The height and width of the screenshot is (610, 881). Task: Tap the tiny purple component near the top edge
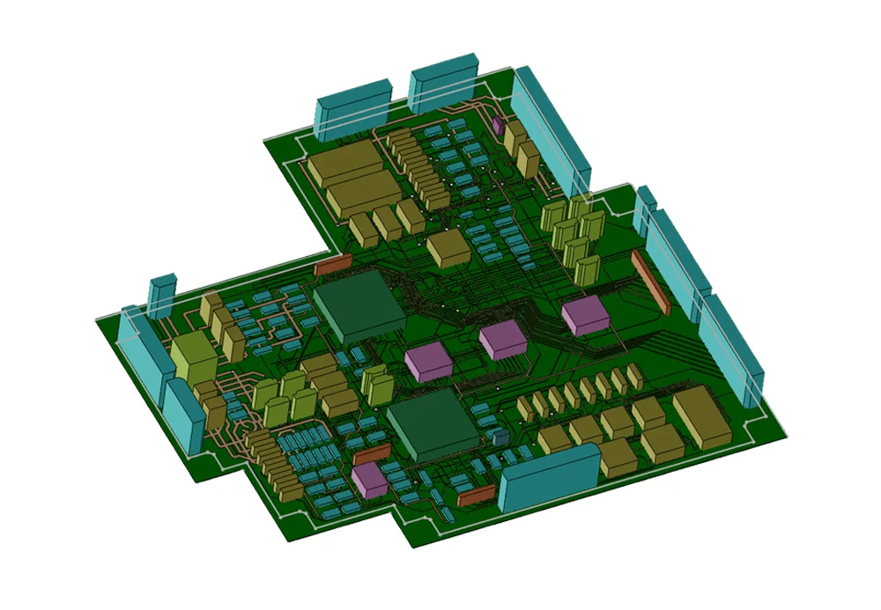point(499,125)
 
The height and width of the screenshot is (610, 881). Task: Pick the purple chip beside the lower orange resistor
point(371,480)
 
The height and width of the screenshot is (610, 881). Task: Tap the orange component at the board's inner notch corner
point(333,261)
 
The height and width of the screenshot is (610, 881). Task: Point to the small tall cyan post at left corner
point(164,296)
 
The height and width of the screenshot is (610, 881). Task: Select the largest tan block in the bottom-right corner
point(701,416)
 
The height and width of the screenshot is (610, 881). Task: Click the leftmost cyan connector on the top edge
point(353,107)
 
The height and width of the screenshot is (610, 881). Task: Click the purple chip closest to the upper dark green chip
point(428,362)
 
